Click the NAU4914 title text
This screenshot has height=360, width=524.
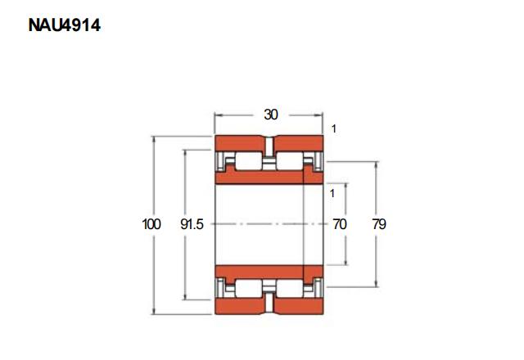click(65, 25)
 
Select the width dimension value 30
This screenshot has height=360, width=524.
click(271, 115)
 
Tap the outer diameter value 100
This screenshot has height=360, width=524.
click(151, 223)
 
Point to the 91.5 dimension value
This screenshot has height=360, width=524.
click(192, 223)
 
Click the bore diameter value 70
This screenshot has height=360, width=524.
click(340, 223)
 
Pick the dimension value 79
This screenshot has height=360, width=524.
click(379, 223)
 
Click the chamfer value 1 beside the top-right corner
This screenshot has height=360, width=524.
click(333, 128)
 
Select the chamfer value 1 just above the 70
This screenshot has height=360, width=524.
click(332, 193)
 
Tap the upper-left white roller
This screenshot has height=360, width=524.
click(249, 161)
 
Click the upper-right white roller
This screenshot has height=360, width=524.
click(290, 161)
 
